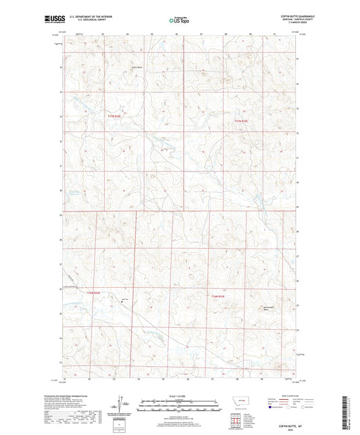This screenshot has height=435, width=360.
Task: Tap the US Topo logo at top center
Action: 179,20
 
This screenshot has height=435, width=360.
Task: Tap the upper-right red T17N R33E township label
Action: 241,121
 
